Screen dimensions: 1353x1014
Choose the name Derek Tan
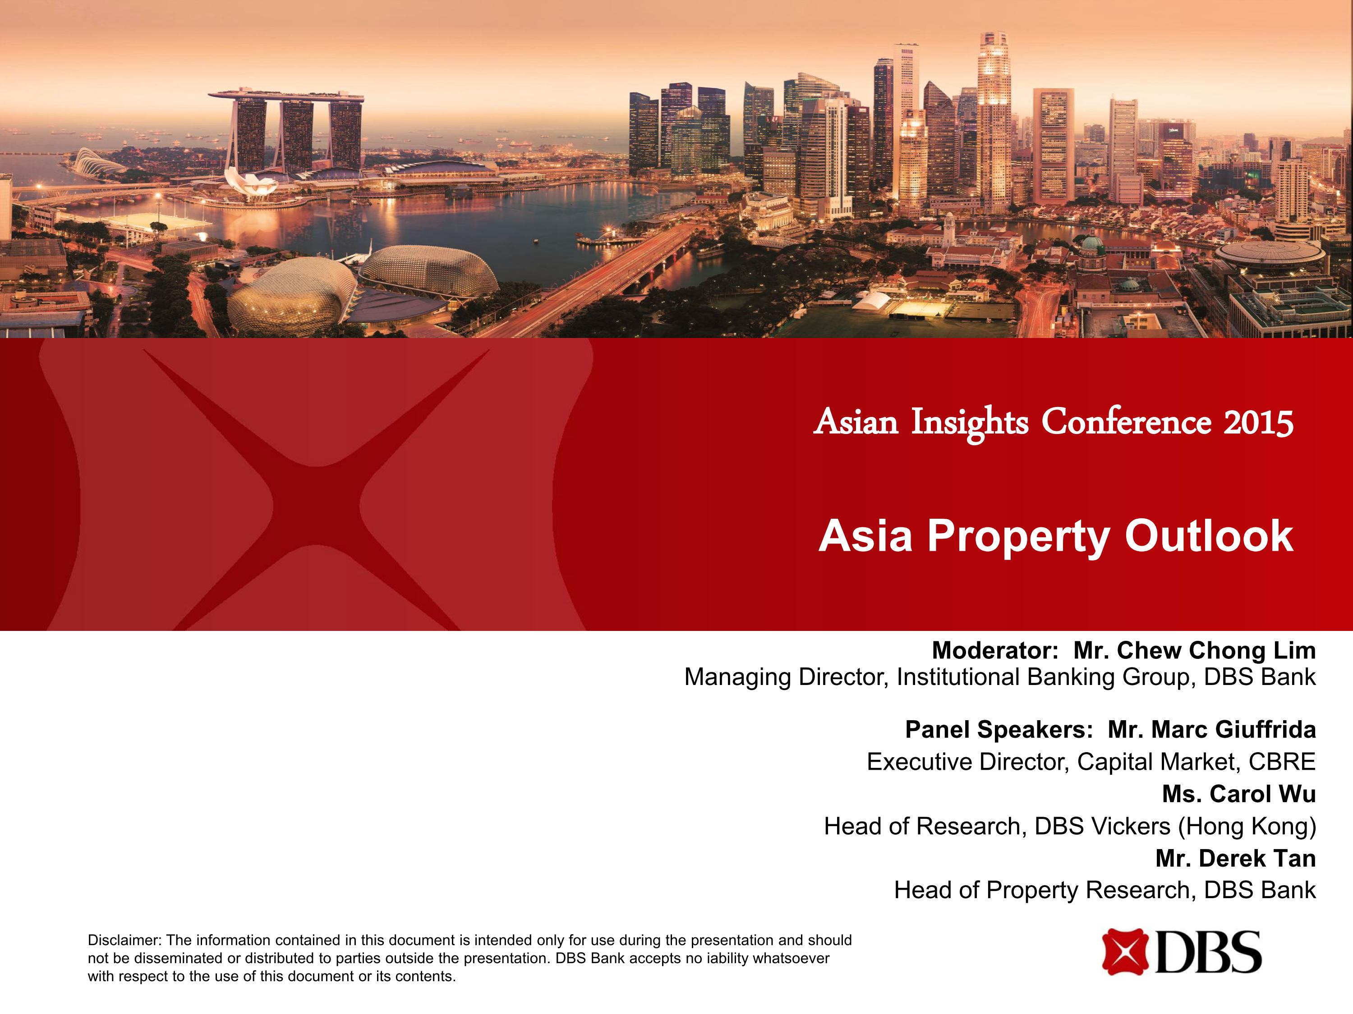[1236, 858]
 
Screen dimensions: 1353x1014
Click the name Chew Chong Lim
[1195, 650]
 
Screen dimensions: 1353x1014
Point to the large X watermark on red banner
[316, 489]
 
